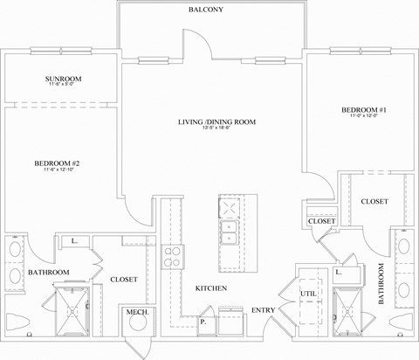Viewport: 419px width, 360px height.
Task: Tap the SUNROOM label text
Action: click(x=63, y=80)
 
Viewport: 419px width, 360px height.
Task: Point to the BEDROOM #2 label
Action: click(x=58, y=163)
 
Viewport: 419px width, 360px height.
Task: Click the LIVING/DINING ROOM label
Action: click(x=217, y=122)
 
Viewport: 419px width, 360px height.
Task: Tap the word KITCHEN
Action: click(x=211, y=287)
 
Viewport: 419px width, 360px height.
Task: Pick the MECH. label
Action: click(x=135, y=312)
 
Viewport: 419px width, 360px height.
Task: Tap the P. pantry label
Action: click(x=203, y=322)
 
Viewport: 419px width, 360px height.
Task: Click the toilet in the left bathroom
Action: click(x=16, y=322)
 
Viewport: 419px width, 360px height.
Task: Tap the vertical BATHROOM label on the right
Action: click(x=381, y=285)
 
